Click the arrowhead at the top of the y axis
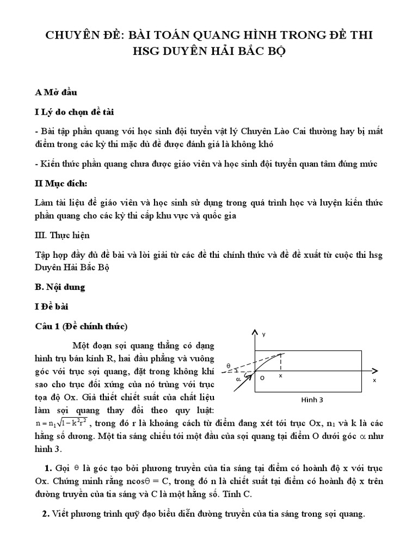[254, 332]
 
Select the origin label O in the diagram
[262, 377]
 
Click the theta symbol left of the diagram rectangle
[229, 366]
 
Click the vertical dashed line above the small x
[281, 362]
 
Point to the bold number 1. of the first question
[47, 468]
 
